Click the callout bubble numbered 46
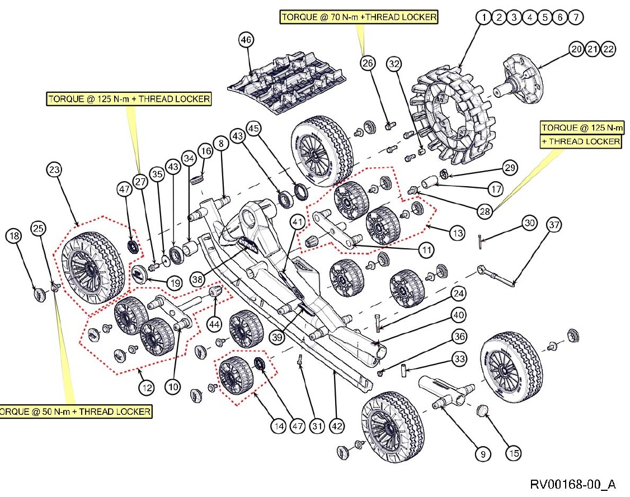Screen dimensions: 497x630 246,40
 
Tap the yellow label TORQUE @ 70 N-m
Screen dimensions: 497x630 359,17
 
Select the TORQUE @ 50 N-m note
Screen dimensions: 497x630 76,411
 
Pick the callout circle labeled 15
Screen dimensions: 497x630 514,453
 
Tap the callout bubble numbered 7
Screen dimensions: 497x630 576,17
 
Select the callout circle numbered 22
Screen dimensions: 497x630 608,49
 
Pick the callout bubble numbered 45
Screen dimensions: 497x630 254,129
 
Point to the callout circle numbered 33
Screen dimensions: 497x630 459,359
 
